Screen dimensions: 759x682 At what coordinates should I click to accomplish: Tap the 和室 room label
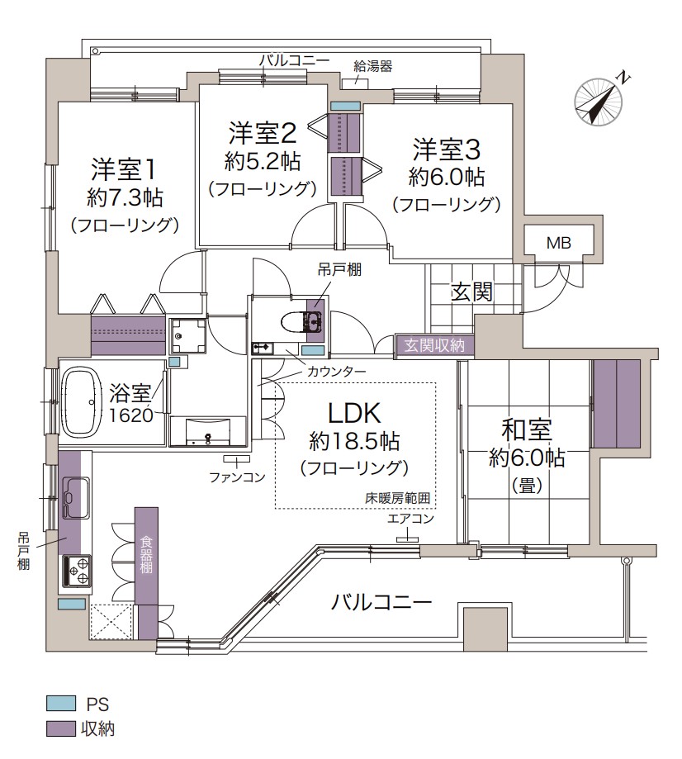point(527,430)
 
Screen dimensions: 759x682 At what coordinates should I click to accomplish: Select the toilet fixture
point(296,320)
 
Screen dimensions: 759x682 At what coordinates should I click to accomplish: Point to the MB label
point(559,242)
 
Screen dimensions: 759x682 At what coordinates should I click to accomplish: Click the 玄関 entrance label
point(471,291)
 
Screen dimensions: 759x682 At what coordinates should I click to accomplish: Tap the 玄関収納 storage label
point(434,345)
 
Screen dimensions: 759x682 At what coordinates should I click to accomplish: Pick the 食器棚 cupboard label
point(146,553)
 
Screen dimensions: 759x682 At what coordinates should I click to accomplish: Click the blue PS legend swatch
point(57,704)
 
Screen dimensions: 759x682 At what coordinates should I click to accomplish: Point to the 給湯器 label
point(372,66)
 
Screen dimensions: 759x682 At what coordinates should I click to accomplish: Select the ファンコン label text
point(236,477)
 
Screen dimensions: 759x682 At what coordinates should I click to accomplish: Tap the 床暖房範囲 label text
point(400,498)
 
